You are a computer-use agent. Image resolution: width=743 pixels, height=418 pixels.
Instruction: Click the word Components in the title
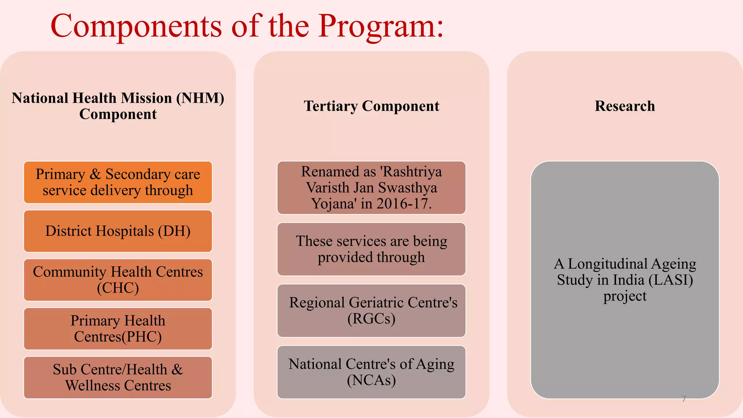coord(136,26)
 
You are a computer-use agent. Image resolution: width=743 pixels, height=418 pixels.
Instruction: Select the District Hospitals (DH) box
coord(118,231)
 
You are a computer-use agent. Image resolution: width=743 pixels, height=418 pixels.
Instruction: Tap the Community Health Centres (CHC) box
coord(118,280)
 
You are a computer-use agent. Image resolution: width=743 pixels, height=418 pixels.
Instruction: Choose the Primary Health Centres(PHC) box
coord(118,329)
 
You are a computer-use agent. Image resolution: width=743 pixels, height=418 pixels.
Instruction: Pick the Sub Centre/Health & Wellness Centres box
coord(118,377)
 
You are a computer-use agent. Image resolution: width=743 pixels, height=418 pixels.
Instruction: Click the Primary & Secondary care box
coord(118,182)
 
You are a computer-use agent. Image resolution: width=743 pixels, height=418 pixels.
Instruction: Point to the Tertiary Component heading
coord(371,106)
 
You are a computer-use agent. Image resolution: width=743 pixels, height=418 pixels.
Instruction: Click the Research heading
coord(625,106)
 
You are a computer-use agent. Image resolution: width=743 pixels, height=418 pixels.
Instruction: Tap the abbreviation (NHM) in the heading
coord(200,98)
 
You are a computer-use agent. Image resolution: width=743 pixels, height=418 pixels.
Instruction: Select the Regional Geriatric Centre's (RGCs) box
coord(371,311)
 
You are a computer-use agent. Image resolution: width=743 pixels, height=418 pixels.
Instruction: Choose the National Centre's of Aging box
coord(371,372)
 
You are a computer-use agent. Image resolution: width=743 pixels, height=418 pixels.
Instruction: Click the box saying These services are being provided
coord(371,249)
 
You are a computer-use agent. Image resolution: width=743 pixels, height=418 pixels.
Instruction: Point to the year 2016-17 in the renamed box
coord(403,204)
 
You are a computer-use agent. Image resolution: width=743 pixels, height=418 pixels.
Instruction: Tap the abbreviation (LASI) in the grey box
coord(671,280)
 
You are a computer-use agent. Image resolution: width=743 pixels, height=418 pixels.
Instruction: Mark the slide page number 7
coord(684,399)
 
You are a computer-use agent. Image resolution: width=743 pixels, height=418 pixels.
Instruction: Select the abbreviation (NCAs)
coord(371,380)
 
